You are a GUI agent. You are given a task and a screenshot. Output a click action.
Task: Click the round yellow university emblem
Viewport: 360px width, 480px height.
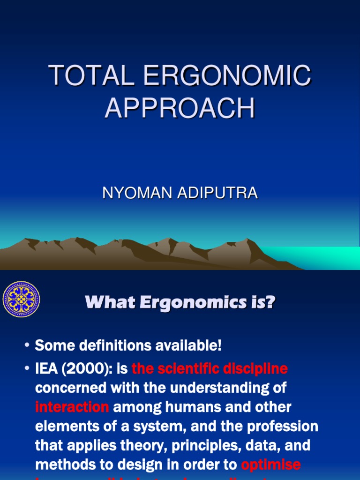(x=21, y=300)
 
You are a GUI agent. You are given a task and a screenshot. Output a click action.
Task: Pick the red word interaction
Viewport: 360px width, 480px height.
(x=72, y=407)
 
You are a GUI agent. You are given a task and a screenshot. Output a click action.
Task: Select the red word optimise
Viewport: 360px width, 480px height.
(x=271, y=464)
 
